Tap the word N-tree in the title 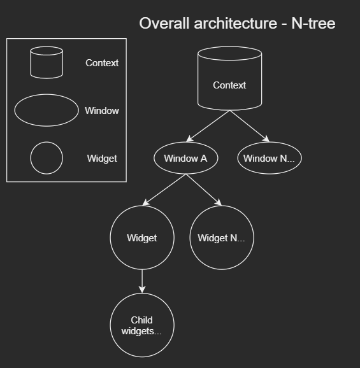pos(313,23)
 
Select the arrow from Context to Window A pos(208,126)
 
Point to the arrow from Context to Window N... pos(250,126)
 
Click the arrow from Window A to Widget pos(164,190)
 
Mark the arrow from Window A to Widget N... pos(204,190)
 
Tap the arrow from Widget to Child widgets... pos(142,281)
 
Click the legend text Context pos(102,63)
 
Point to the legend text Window pos(102,111)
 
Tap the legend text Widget pos(102,159)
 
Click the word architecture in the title pos(236,23)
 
